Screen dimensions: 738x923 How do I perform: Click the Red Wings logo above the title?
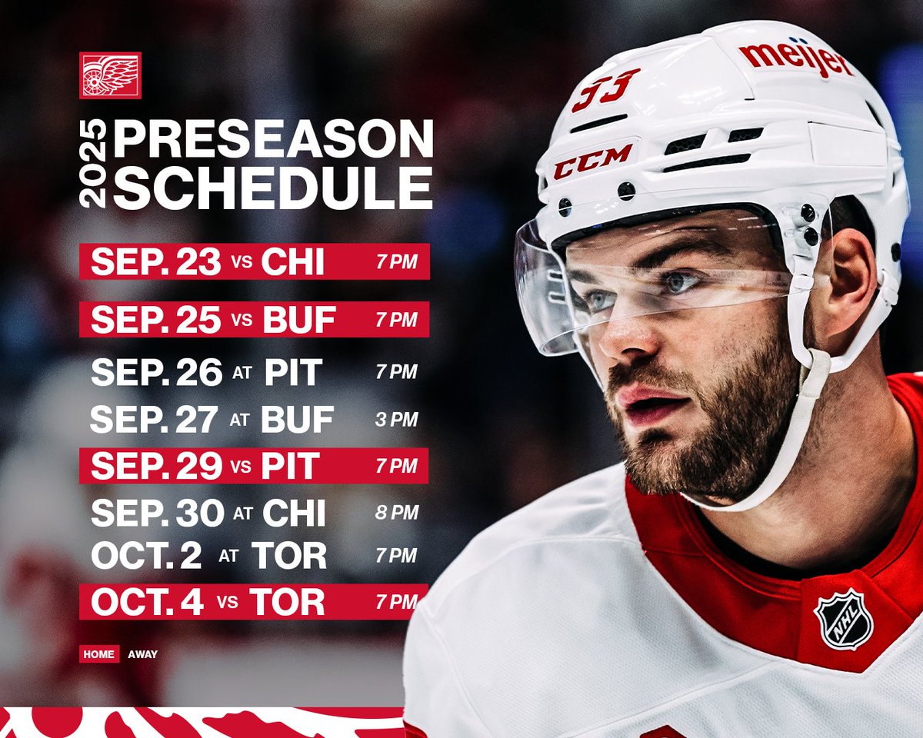[110, 75]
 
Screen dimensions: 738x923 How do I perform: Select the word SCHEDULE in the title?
[273, 188]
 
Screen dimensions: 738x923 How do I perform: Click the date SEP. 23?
[155, 262]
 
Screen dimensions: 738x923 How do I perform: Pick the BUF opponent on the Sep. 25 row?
[298, 320]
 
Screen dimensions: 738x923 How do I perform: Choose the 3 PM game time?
[396, 420]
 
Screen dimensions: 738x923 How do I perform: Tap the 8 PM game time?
[396, 513]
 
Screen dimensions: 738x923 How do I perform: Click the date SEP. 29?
[155, 466]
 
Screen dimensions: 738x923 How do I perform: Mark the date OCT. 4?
[147, 602]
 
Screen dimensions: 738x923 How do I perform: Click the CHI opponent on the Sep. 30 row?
[293, 513]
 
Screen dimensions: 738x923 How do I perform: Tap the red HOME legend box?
[99, 654]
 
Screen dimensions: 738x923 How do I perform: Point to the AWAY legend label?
[142, 654]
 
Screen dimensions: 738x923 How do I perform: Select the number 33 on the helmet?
[605, 89]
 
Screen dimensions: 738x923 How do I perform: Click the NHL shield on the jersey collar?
[844, 619]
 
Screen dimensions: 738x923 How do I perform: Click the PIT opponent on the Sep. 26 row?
[292, 372]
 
